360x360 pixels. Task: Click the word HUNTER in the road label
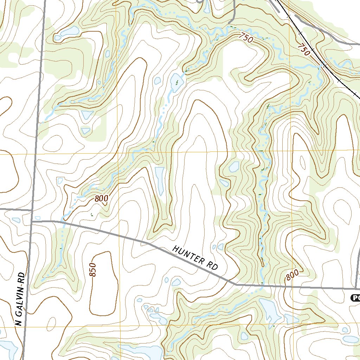tap(188, 255)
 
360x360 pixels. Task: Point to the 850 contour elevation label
tap(92, 270)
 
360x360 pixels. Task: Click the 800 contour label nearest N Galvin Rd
tap(101, 199)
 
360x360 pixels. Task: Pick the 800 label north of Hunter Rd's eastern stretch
tap(292, 275)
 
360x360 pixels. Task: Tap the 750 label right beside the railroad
tap(304, 50)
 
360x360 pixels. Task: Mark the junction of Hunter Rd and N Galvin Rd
tap(32, 221)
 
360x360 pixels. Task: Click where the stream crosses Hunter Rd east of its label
tap(262, 285)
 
